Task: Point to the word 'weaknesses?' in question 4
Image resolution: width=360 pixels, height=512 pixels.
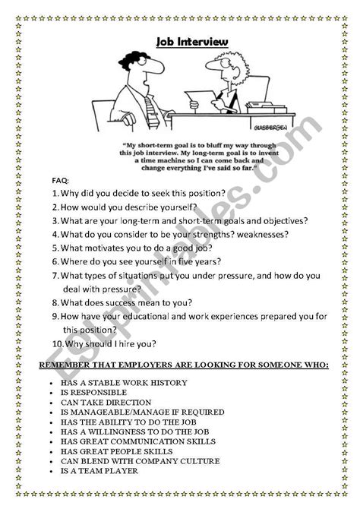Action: [x=257, y=234]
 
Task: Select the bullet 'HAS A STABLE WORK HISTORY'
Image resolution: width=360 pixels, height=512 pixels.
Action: [x=114, y=383]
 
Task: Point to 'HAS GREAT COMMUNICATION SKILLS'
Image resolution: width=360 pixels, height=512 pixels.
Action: [x=129, y=441]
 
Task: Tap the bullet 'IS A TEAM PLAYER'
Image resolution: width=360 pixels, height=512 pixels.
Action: [x=99, y=470]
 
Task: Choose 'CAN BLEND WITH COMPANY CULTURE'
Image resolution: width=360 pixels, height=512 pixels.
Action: [x=129, y=460]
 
